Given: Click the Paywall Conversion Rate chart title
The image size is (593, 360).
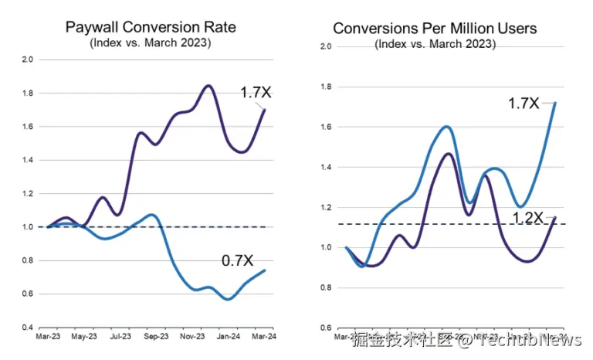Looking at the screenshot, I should (x=151, y=27).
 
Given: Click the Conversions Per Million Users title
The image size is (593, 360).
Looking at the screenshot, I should (x=435, y=28).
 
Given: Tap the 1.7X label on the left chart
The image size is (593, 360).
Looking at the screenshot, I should (x=256, y=92).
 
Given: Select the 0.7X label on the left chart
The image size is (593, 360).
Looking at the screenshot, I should (x=239, y=260).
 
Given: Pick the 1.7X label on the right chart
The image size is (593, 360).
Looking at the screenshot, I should (x=523, y=102).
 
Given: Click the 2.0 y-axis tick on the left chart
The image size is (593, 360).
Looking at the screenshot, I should (x=28, y=59).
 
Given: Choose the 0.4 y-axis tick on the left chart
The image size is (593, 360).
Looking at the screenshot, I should (x=28, y=328).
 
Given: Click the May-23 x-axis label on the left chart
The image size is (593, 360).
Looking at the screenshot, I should (x=83, y=337).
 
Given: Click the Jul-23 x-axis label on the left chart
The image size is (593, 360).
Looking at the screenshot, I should (x=120, y=337).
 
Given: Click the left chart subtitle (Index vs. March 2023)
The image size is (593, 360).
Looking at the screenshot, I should (x=151, y=42).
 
